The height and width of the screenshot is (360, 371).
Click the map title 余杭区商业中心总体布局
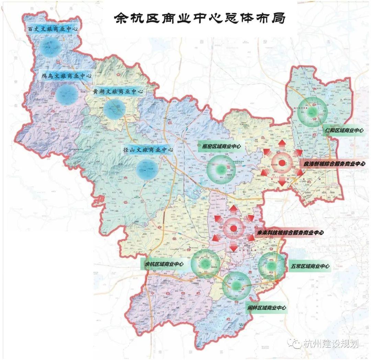point(199,18)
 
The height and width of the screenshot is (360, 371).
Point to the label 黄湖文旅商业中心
point(117,92)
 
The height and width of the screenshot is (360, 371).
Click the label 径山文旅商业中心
point(148,150)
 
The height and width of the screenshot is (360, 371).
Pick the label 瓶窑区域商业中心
point(219,147)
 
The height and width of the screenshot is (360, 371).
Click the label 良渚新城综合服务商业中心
point(334,164)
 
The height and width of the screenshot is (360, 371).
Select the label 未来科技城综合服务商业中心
point(290,233)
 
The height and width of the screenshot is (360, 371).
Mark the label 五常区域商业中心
point(310,266)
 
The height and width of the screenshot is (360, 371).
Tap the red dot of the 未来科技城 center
point(234,228)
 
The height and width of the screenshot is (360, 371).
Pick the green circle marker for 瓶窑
point(222,169)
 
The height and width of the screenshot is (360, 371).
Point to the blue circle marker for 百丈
point(49,47)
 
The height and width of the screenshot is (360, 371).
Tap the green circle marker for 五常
point(271,266)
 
